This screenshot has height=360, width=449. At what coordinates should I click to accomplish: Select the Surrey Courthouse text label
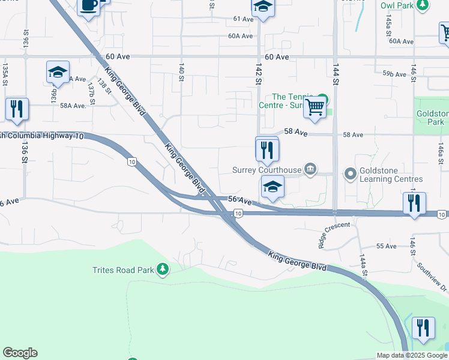pos(267,170)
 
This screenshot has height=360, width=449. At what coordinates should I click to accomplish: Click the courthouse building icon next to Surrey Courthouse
pos(310,169)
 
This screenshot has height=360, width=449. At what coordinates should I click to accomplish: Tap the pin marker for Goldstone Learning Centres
pos(351,175)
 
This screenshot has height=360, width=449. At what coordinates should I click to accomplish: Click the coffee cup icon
pos(89,5)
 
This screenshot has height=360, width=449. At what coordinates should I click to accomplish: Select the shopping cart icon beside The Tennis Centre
pos(315,108)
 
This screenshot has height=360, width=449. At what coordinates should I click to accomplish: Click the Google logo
pos(20,353)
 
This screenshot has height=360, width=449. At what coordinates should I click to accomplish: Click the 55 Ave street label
pos(386,246)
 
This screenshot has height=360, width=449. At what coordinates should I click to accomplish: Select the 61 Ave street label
pos(243,19)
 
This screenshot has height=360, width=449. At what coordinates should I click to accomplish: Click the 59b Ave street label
pos(394,74)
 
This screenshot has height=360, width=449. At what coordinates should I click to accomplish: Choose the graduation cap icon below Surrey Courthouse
pos(273,188)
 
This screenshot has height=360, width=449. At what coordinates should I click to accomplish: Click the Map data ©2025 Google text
pos(411,355)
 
